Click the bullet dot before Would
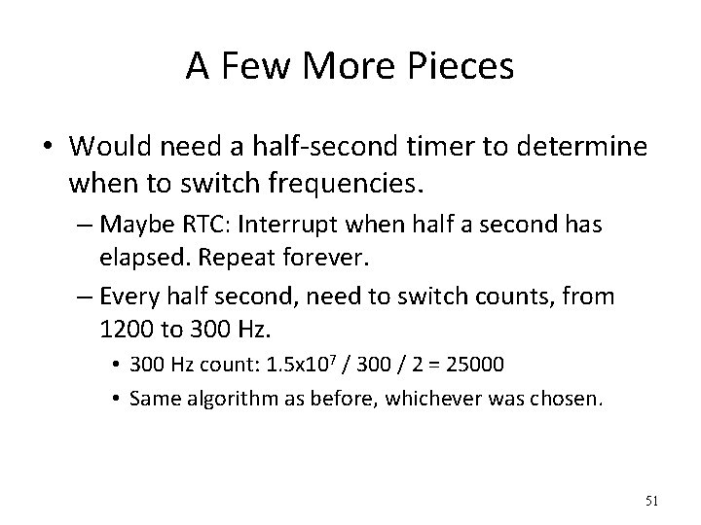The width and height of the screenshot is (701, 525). (49, 149)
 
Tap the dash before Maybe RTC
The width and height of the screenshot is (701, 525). (80, 225)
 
